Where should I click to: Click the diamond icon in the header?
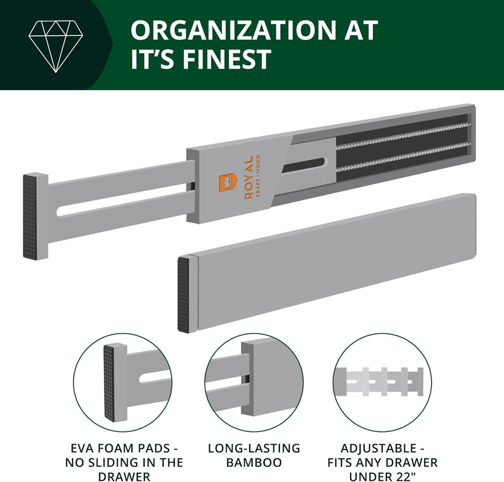coord(56,47)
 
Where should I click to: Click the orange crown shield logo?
coord(227,185)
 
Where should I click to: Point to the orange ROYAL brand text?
coord(249,178)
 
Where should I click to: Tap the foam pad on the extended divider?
coord(31,217)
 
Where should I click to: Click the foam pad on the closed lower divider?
coord(184,294)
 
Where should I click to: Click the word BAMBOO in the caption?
coord(254,462)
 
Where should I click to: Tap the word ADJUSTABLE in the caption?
coord(378,448)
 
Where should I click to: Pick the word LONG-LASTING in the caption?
coord(254,448)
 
